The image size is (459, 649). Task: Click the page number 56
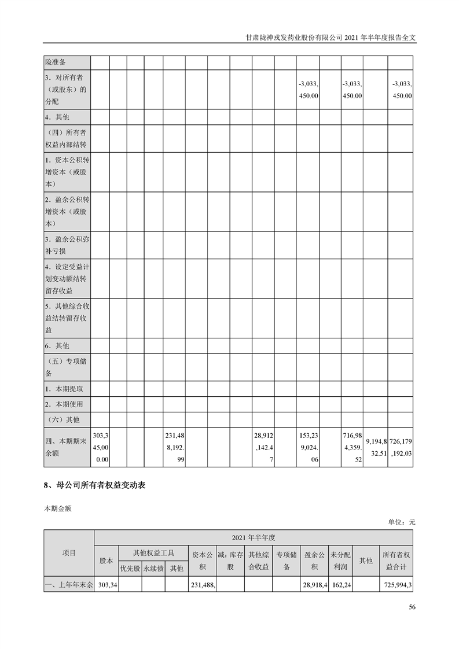[412, 607]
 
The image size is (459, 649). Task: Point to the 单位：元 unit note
[402, 522]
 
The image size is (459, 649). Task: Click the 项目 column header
[69, 553]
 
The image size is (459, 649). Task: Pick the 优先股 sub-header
[130, 569]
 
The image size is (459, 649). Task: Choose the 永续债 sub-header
[153, 569]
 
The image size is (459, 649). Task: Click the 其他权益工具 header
[153, 553]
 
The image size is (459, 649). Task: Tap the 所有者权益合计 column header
[396, 560]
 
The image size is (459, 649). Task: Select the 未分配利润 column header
[341, 560]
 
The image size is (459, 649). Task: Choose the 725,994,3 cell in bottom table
[396, 585]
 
